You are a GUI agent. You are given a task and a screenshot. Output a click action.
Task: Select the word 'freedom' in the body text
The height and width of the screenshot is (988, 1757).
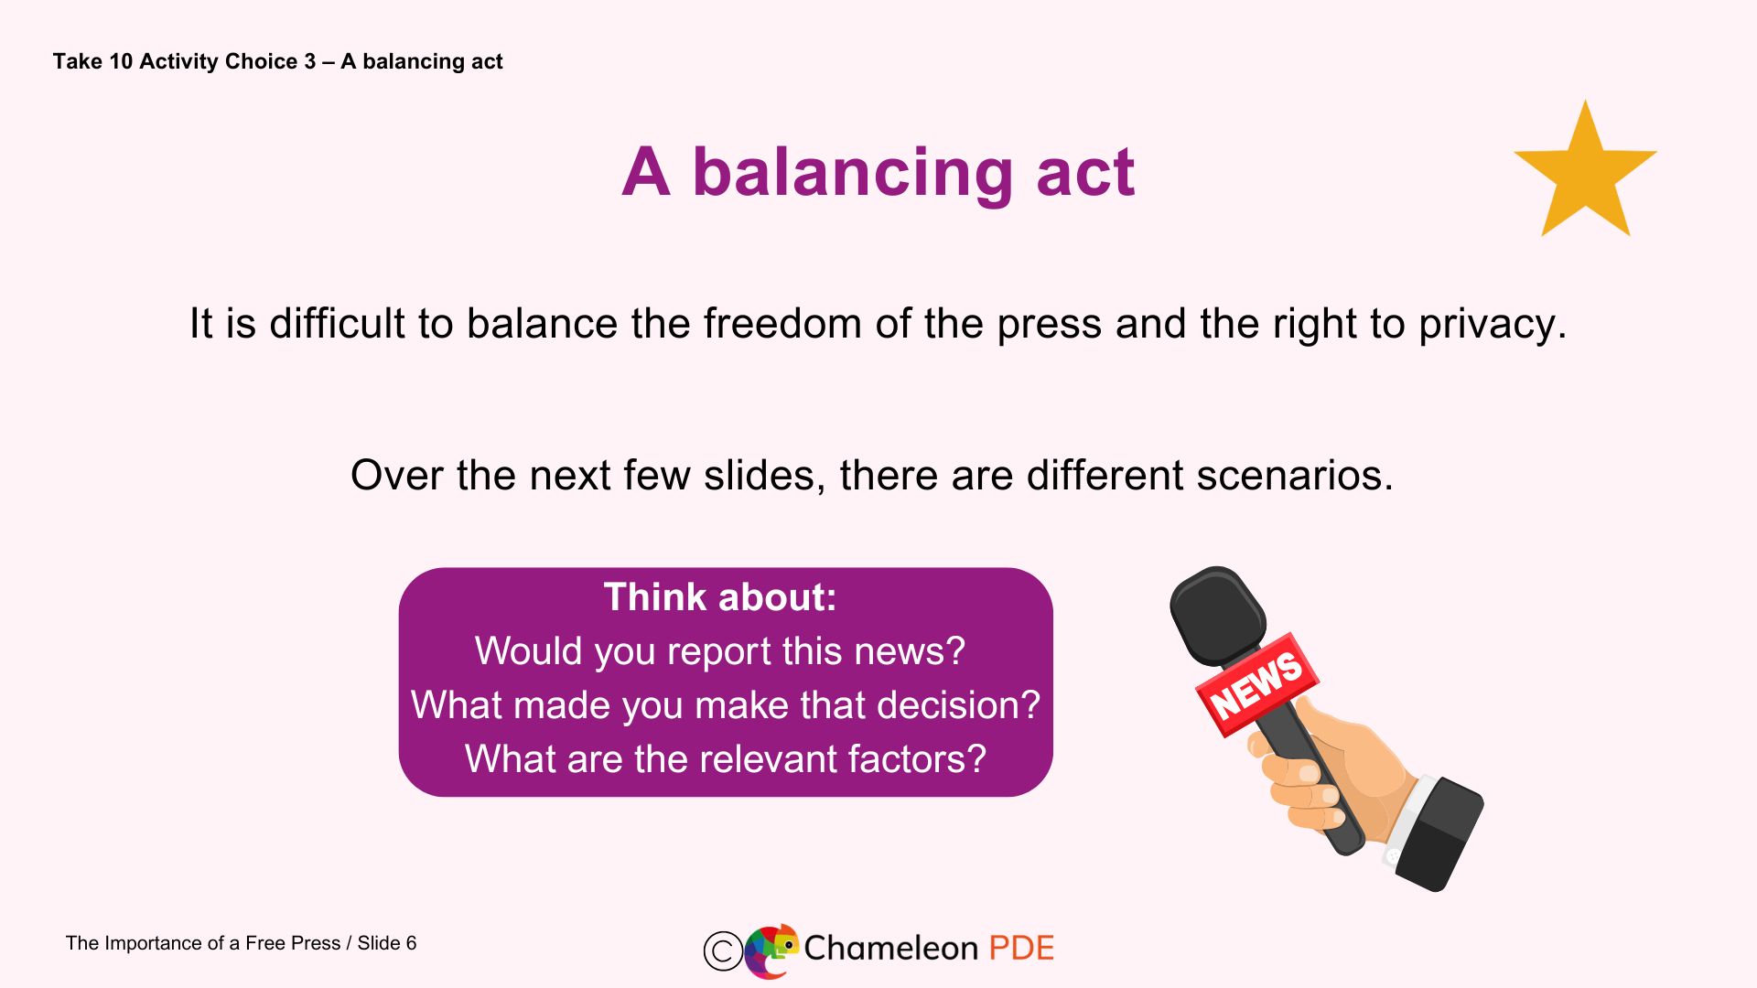pyautogui.click(x=781, y=324)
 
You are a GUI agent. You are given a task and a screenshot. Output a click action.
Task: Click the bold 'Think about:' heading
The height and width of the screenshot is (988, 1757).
pyautogui.click(x=720, y=597)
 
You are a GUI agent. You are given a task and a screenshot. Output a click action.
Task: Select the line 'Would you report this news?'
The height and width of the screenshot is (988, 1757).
pyautogui.click(x=720, y=651)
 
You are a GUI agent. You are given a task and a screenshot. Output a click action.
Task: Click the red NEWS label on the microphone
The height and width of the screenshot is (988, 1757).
pyautogui.click(x=1256, y=684)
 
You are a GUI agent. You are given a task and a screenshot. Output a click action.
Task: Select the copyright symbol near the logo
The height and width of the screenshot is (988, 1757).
pyautogui.click(x=722, y=950)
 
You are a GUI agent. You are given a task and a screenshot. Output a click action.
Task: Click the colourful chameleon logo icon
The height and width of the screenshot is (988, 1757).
pyautogui.click(x=771, y=950)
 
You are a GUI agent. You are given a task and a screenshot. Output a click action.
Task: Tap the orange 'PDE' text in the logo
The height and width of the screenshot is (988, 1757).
pyautogui.click(x=1021, y=949)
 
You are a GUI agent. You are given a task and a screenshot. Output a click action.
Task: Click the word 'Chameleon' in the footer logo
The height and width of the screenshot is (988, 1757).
pyautogui.click(x=890, y=949)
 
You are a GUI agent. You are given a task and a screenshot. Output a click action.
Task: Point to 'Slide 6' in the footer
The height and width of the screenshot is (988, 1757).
pyautogui.click(x=386, y=943)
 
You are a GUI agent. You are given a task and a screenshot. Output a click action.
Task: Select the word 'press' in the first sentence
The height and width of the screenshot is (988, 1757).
pyautogui.click(x=1049, y=324)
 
